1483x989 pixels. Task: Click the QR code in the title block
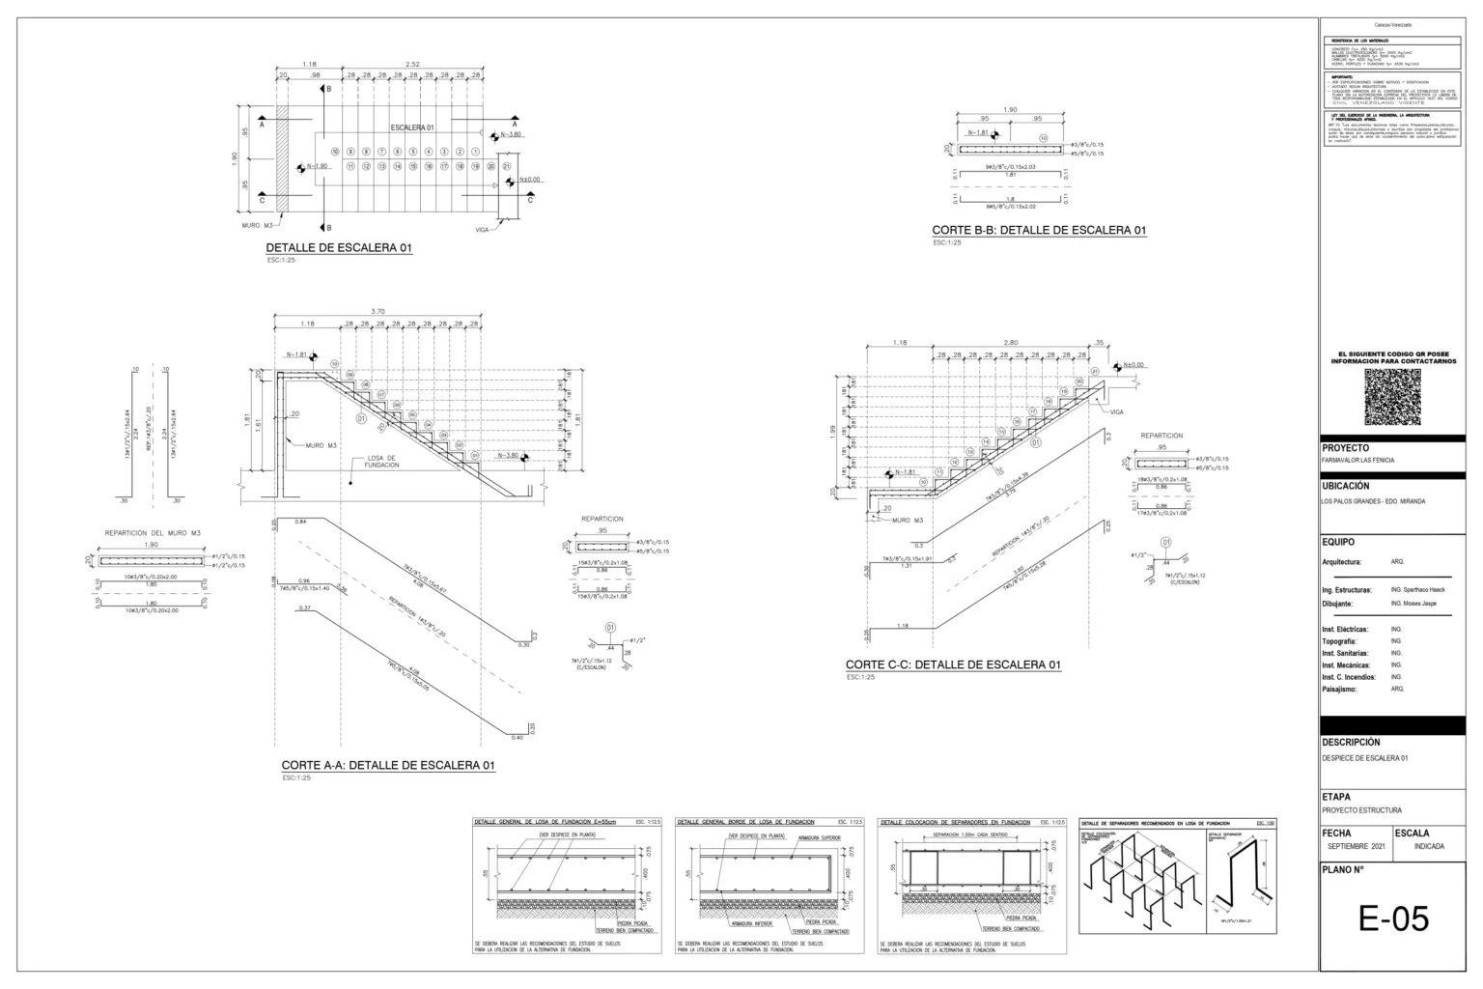(x=1392, y=397)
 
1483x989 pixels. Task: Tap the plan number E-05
(x=1393, y=918)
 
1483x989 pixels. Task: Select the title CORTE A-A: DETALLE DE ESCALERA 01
(x=388, y=765)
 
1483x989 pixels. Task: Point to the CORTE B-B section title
(x=1039, y=230)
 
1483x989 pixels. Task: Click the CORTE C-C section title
(x=953, y=664)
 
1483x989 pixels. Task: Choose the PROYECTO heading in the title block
(x=1345, y=448)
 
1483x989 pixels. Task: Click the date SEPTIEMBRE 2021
(x=1356, y=845)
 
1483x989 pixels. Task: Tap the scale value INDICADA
(x=1429, y=845)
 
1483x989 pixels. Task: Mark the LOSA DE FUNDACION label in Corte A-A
(x=380, y=462)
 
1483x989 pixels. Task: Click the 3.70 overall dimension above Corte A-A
(x=378, y=311)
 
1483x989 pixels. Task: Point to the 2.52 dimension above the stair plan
(x=413, y=65)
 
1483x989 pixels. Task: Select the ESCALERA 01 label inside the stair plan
(x=413, y=127)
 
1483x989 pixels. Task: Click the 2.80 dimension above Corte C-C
(x=1011, y=343)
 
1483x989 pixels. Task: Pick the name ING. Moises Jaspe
(x=1413, y=603)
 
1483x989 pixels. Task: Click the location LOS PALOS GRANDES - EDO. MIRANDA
(x=1373, y=501)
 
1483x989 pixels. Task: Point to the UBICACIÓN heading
(x=1345, y=487)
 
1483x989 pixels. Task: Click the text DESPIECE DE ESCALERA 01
(x=1364, y=758)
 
